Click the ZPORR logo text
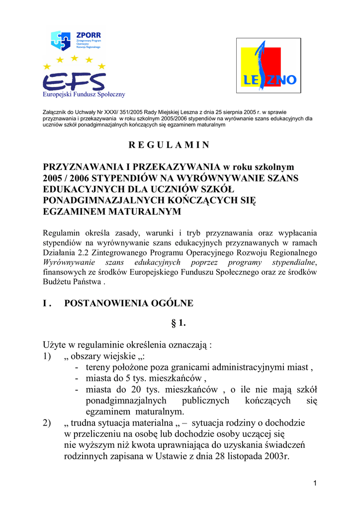pos(89,35)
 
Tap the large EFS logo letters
pos(74,81)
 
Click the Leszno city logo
pos(269,66)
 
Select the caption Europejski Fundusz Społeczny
pos(84,94)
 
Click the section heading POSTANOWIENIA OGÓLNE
pos(129,303)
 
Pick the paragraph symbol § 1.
pos(179,324)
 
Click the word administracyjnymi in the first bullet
pos(246,368)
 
